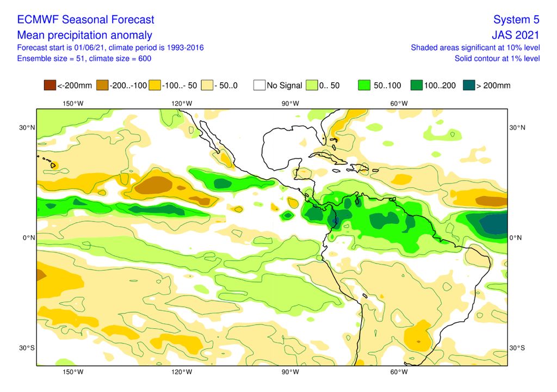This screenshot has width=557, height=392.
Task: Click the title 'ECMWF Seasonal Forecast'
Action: pyautogui.click(x=85, y=20)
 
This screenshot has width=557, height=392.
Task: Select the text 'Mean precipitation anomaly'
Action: pyautogui.click(x=85, y=35)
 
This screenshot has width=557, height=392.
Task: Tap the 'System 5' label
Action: pyautogui.click(x=516, y=20)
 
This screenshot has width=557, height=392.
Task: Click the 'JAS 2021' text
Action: pyautogui.click(x=515, y=35)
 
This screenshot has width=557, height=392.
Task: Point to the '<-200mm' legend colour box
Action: pyautogui.click(x=49, y=85)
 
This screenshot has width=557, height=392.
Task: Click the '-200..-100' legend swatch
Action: pyautogui.click(x=102, y=85)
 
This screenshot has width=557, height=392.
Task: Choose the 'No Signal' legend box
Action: pyautogui.click(x=259, y=85)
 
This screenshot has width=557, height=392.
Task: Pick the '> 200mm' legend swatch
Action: pyautogui.click(x=468, y=85)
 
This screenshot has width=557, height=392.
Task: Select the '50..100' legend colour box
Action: pyautogui.click(x=364, y=85)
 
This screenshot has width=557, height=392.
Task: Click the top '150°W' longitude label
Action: pyautogui.click(x=73, y=103)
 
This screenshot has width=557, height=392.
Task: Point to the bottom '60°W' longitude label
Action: pyautogui.click(x=399, y=372)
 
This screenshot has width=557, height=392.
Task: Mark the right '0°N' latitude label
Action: pyautogui.click(x=517, y=238)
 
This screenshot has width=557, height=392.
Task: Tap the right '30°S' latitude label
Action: pyautogui.click(x=517, y=348)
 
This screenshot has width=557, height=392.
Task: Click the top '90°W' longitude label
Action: pyautogui.click(x=290, y=103)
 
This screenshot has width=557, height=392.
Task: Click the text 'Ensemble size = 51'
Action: pyautogui.click(x=51, y=58)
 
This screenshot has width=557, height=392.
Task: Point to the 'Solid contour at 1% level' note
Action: pyautogui.click(x=497, y=58)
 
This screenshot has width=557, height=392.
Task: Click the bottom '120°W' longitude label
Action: pyautogui.click(x=181, y=372)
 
